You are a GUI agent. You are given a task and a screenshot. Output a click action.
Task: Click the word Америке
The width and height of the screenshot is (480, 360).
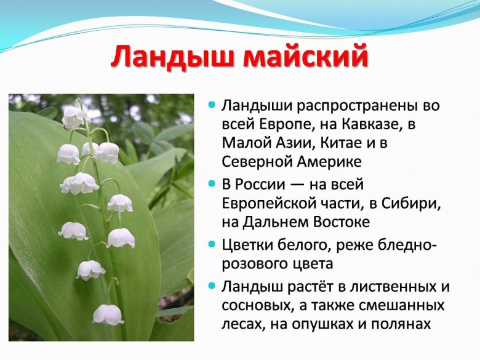[329, 162]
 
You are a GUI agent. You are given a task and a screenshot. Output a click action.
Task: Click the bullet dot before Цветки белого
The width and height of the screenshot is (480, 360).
[212, 245]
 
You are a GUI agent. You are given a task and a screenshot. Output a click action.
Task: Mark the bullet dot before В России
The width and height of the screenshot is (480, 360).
[212, 184]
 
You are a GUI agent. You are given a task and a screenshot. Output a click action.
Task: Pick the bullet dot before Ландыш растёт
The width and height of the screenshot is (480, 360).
[212, 287]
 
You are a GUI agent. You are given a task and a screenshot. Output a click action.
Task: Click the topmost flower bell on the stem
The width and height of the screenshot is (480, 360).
[73, 116]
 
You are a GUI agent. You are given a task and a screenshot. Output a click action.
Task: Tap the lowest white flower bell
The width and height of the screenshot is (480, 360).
[108, 314]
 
